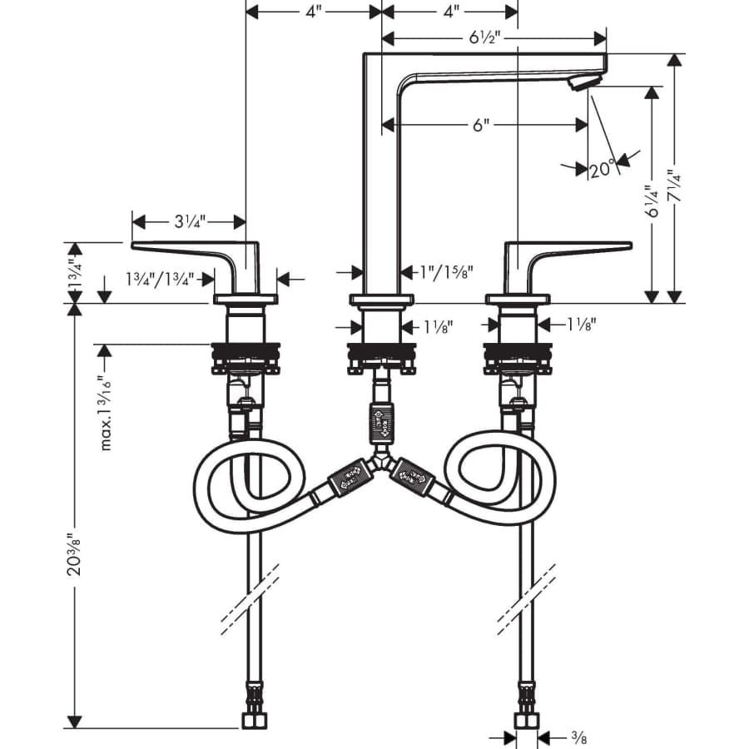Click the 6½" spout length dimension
click(x=484, y=38)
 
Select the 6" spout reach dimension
click(x=479, y=126)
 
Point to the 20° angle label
click(x=601, y=170)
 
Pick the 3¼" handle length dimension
click(x=190, y=222)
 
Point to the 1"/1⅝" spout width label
click(x=447, y=271)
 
